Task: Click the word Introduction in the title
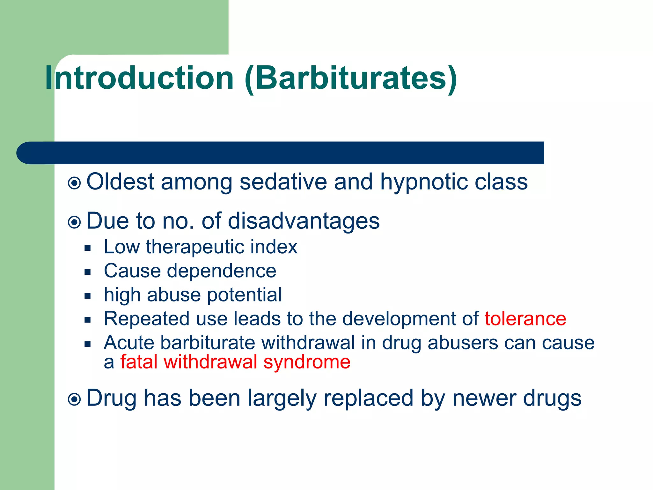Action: coord(139,78)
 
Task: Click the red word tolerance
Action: coord(525,319)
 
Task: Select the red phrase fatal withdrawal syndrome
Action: coord(235,362)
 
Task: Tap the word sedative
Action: coord(283,182)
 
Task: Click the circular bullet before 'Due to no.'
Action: coord(75,222)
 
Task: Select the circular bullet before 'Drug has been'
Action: coord(75,399)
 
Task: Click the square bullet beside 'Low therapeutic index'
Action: coord(88,248)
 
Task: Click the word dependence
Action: coord(222,271)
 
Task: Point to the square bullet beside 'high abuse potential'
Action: coord(88,296)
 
